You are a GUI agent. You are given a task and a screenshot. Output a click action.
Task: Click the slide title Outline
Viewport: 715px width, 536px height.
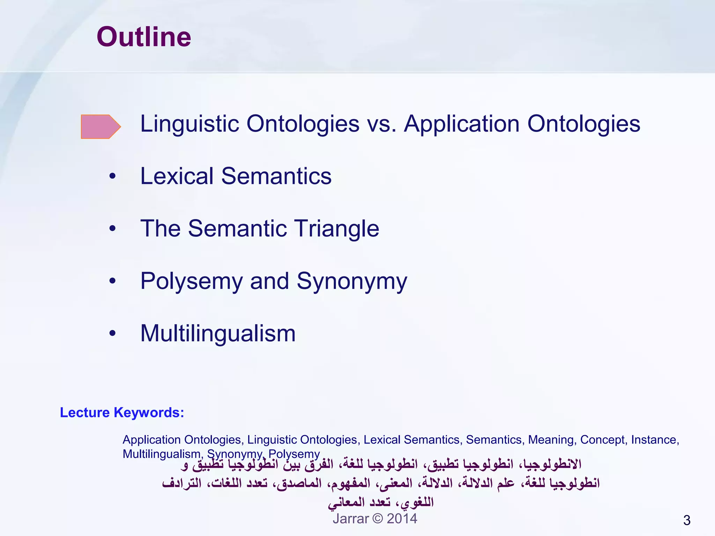144,37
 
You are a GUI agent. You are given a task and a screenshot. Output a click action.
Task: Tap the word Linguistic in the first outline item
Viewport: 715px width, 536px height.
189,124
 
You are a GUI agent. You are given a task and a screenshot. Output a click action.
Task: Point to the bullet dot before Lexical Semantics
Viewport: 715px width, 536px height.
112,176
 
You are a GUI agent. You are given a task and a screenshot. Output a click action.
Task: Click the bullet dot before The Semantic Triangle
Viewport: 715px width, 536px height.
112,229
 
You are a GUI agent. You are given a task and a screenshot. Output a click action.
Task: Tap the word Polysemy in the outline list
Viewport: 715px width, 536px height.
191,281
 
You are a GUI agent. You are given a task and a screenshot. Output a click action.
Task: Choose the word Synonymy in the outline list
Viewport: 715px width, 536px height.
352,281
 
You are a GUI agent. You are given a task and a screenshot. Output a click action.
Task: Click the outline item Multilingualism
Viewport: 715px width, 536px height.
218,333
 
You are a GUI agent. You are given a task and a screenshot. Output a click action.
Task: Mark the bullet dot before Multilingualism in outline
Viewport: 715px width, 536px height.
112,333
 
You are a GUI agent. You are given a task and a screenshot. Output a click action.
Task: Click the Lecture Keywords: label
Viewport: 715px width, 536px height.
122,412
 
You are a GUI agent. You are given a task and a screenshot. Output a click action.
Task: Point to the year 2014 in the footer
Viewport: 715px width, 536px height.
402,519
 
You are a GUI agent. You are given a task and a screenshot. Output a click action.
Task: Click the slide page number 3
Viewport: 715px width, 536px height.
687,520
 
